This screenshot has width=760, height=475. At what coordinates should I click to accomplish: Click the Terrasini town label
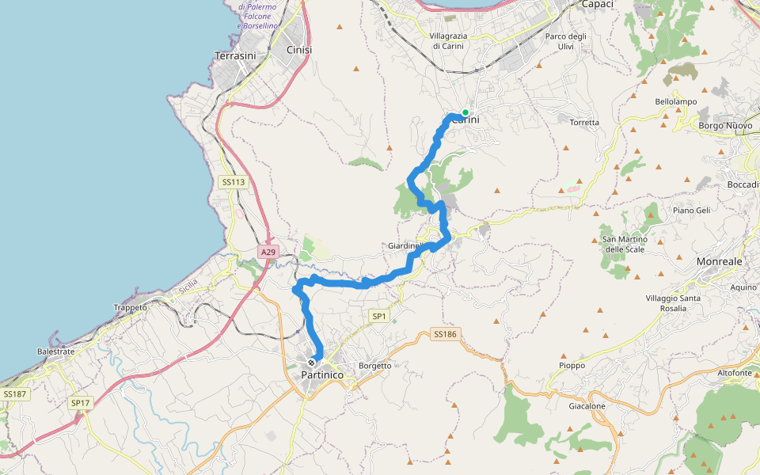234,55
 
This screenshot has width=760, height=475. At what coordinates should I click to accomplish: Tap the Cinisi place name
298,50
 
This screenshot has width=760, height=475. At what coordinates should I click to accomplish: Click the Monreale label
720,261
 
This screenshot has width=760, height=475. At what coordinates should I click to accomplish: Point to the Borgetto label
375,366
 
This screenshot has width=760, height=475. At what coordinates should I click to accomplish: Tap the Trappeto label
131,307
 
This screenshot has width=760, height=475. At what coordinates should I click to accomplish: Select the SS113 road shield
234,182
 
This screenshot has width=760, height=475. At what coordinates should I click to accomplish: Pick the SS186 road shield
445,334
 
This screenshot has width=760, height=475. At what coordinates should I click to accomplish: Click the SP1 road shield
379,316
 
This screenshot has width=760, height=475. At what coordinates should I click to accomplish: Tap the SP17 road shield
81,403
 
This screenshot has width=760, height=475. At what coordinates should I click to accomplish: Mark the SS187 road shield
15,393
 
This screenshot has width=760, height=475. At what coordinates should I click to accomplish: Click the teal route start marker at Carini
465,112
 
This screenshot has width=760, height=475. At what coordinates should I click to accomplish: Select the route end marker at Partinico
311,363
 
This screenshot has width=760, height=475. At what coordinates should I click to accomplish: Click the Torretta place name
584,123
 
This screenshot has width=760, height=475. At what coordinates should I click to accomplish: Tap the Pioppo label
572,366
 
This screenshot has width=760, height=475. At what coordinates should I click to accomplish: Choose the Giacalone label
587,406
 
